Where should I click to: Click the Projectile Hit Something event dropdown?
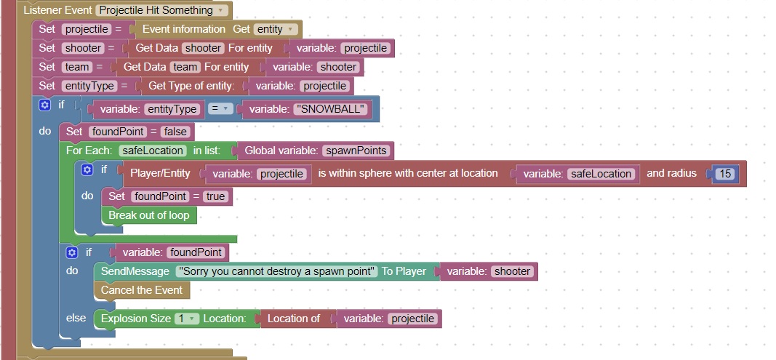tap(161, 10)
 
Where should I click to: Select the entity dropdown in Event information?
tap(276, 29)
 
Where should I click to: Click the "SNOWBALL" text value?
tap(331, 109)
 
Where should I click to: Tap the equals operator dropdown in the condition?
tap(220, 109)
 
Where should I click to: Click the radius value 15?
tap(725, 174)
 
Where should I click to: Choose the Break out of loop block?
tap(149, 215)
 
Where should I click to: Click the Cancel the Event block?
tap(142, 290)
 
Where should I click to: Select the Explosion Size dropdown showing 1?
tap(187, 319)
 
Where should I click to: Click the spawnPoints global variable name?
tap(356, 151)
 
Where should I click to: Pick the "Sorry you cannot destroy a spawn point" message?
tap(277, 271)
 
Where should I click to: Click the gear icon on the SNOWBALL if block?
tap(44, 105)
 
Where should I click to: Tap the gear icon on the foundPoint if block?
tap(72, 253)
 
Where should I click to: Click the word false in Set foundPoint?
tap(175, 132)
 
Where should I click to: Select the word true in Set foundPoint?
tap(215, 196)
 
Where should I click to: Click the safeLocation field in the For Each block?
tap(153, 151)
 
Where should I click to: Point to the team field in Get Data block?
tap(185, 67)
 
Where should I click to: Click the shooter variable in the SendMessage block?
tap(512, 271)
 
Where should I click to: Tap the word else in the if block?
tap(76, 318)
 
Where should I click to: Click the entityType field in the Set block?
tap(89, 86)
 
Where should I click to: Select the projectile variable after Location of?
tap(413, 319)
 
